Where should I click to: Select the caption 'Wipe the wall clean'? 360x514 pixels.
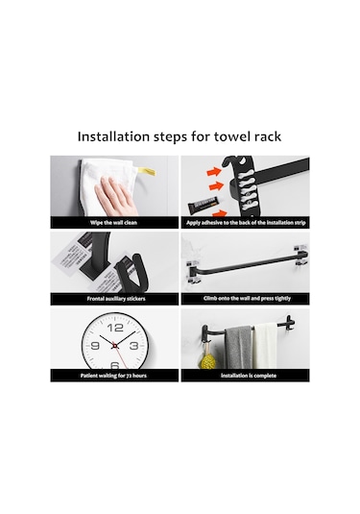[115, 222]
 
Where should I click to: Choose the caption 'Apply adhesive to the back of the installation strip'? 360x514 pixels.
[245, 222]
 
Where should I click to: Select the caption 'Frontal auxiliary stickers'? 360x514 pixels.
[115, 299]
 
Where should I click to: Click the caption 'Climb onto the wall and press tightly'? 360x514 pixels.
[245, 299]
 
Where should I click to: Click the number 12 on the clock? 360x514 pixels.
[115, 321]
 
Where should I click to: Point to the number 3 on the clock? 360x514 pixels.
[137, 343]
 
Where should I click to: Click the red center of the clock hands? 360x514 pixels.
[115, 343]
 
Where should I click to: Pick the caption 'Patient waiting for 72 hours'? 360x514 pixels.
[115, 376]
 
